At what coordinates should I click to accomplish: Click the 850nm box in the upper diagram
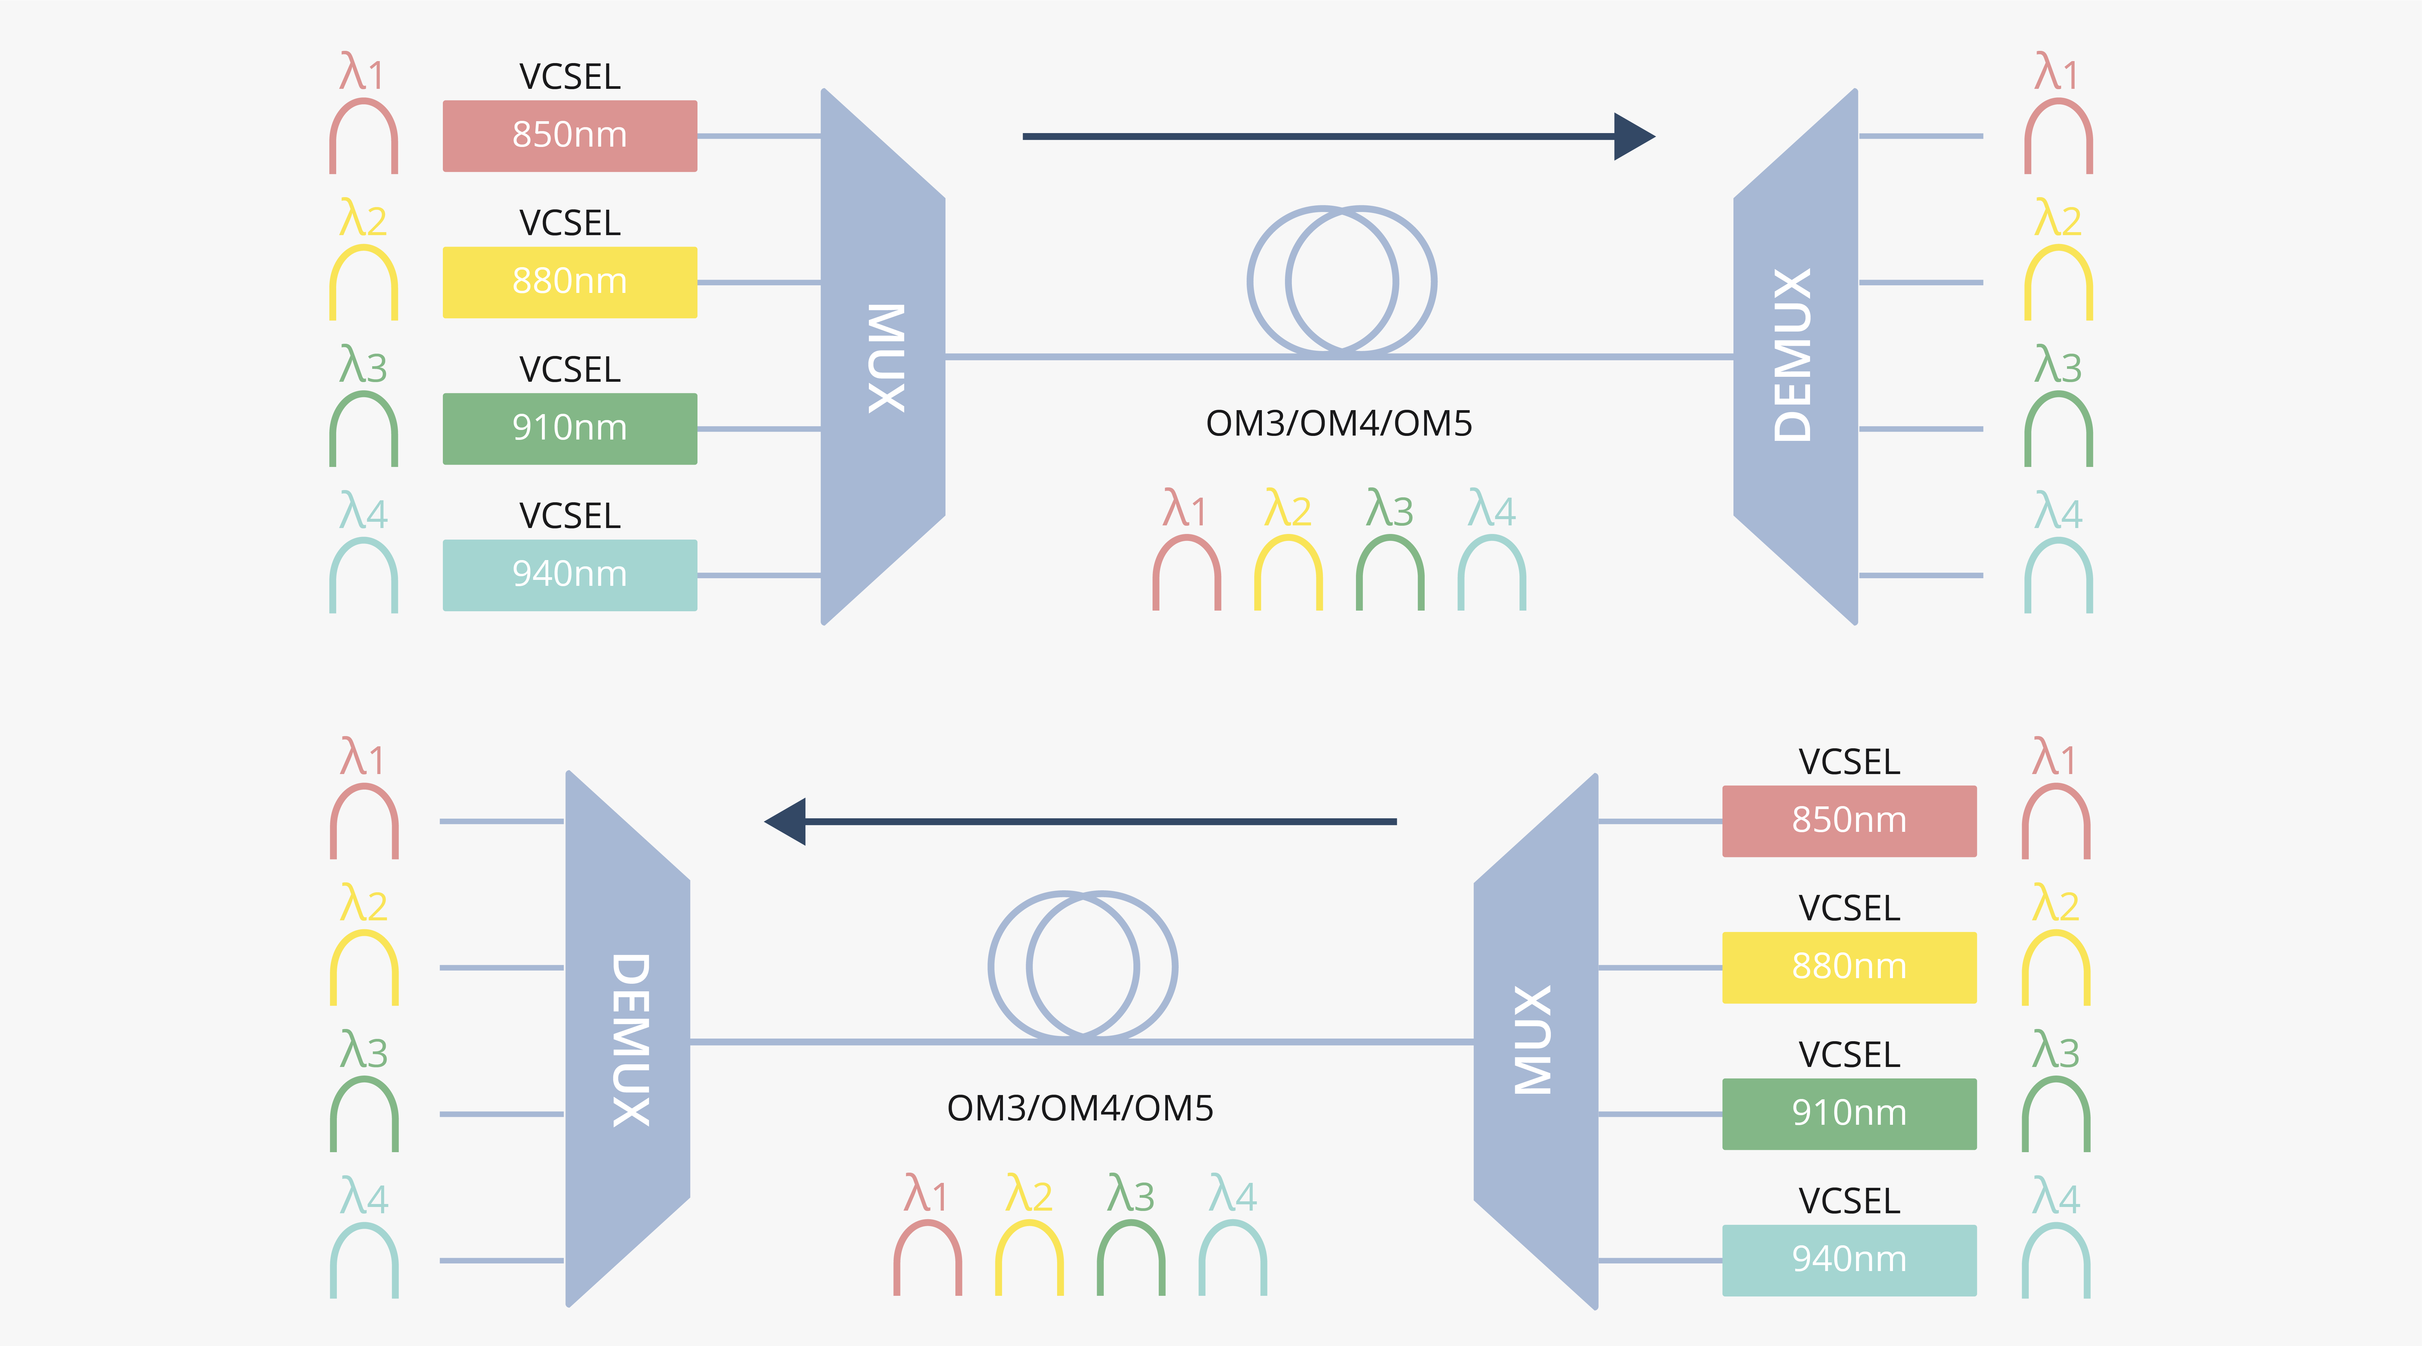click(570, 135)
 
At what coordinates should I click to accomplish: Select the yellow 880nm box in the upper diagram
click(570, 282)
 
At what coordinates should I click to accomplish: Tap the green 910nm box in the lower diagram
click(1848, 1114)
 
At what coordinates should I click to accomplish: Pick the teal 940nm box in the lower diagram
click(1848, 1259)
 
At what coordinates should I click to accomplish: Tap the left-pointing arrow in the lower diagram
click(1081, 822)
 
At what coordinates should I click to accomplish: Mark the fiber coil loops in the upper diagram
click(1342, 280)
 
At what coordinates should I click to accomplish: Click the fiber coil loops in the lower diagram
click(1082, 965)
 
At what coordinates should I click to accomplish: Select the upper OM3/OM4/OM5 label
click(1339, 424)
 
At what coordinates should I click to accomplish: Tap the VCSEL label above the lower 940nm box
click(1848, 1201)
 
